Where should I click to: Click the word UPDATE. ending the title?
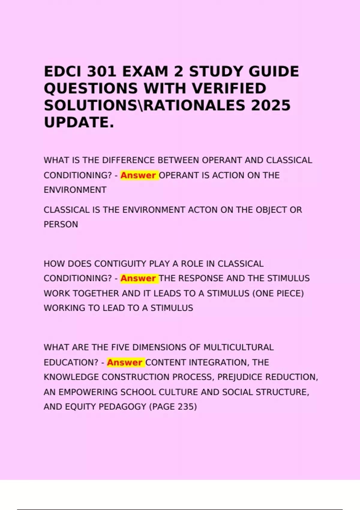79,122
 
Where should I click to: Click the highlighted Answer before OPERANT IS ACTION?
138,175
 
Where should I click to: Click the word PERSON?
61,224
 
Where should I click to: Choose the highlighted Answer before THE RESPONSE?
138,278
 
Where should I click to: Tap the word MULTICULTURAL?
238,347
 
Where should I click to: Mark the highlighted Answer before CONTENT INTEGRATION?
124,362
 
